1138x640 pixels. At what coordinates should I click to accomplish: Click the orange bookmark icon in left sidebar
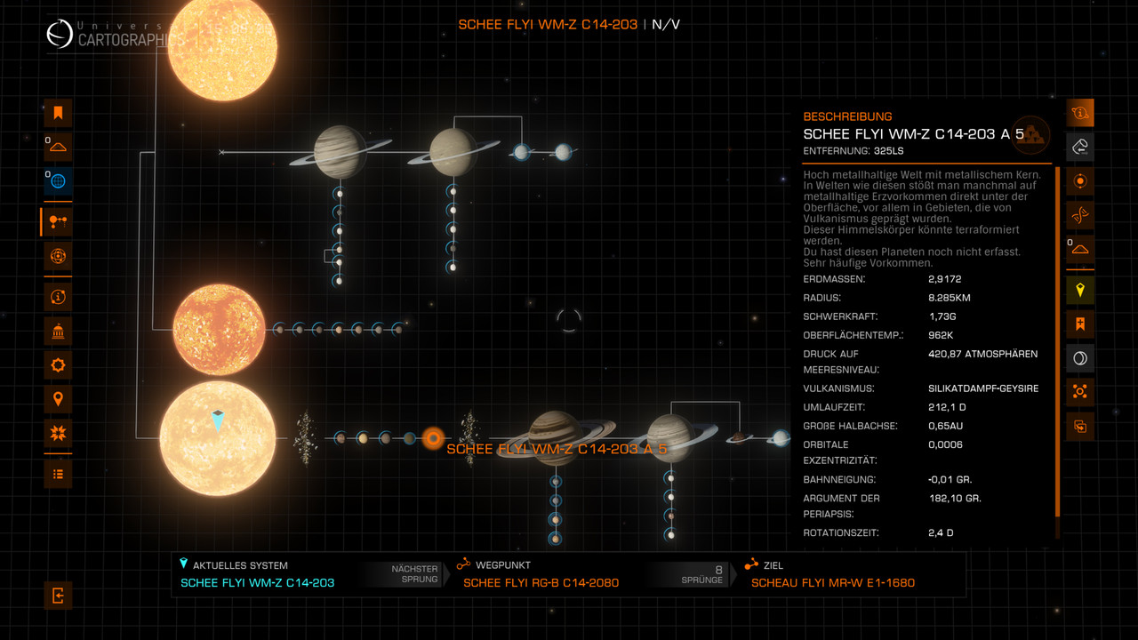point(58,113)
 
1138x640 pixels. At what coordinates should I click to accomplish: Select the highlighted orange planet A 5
point(433,437)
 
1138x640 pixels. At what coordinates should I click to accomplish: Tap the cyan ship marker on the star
point(218,420)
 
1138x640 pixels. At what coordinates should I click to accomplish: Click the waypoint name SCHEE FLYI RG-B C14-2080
point(541,583)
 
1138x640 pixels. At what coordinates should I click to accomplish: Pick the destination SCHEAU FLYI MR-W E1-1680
point(832,583)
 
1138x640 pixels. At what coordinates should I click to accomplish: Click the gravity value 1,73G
point(942,316)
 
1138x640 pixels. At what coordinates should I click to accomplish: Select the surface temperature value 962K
point(942,335)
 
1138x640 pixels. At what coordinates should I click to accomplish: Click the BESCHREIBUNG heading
point(847,116)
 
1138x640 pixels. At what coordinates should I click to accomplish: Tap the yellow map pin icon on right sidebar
point(1079,290)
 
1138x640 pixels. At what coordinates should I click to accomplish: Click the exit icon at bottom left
point(58,596)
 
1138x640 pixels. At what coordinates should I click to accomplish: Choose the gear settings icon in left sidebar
point(58,364)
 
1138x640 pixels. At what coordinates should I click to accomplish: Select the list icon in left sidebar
point(58,474)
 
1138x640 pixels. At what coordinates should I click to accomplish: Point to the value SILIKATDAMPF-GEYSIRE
point(983,388)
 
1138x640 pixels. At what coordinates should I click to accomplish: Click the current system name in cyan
point(257,583)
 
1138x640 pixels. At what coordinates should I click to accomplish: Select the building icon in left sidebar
point(58,331)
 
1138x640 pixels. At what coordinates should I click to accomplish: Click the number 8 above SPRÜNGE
point(718,569)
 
